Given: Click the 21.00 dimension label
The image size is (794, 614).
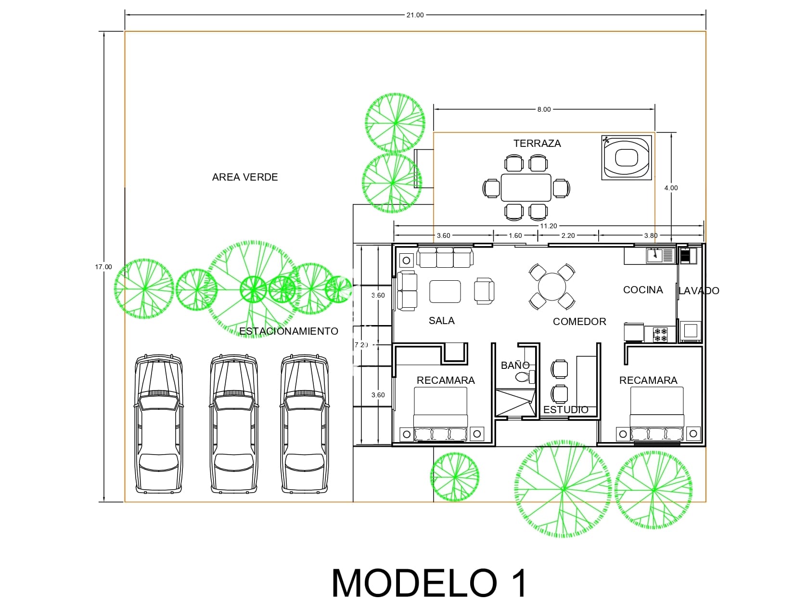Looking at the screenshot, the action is pyautogui.click(x=415, y=15).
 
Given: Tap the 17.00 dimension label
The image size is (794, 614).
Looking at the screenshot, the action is pyautogui.click(x=103, y=267).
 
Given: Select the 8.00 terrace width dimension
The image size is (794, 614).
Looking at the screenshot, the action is pyautogui.click(x=544, y=109).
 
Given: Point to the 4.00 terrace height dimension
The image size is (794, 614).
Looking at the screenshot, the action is pyautogui.click(x=671, y=188).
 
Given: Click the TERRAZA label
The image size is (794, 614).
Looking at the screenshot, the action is pyautogui.click(x=537, y=144).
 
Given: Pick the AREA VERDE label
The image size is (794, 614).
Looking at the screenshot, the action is pyautogui.click(x=245, y=177).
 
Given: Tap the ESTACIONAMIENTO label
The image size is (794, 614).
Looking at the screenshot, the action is pyautogui.click(x=289, y=331).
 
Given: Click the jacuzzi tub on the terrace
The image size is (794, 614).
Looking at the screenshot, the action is pyautogui.click(x=626, y=157).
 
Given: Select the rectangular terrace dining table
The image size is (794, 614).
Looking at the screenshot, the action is pyautogui.click(x=526, y=188).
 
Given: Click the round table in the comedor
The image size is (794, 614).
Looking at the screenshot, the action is pyautogui.click(x=552, y=287).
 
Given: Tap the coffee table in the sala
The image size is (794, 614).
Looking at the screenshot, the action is pyautogui.click(x=445, y=291).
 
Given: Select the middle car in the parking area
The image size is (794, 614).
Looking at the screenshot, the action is pyautogui.click(x=234, y=424).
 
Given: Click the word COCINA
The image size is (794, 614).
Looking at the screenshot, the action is pyautogui.click(x=643, y=290).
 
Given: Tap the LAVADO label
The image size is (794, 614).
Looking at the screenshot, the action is pyautogui.click(x=699, y=291).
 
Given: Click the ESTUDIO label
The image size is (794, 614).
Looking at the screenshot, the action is pyautogui.click(x=565, y=410).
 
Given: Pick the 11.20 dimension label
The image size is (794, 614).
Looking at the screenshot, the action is pyautogui.click(x=549, y=226).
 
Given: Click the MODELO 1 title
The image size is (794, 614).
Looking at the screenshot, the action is pyautogui.click(x=429, y=583).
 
